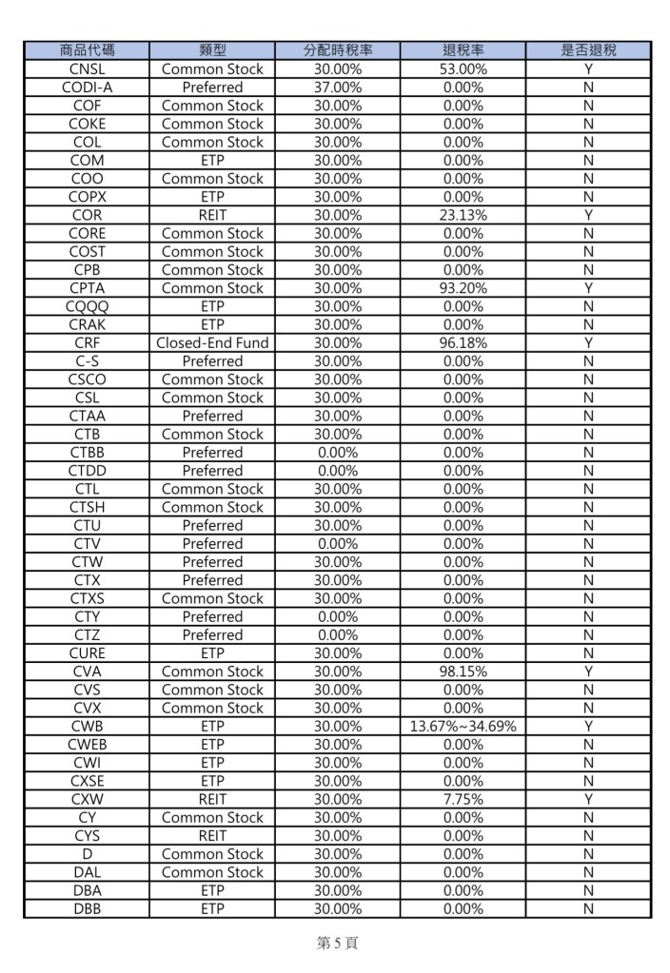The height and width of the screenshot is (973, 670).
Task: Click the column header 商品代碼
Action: [87, 50]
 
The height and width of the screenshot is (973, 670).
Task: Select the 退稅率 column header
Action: [463, 50]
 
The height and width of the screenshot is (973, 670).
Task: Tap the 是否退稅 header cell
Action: [588, 50]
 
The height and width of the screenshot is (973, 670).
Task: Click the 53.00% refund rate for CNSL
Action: [463, 68]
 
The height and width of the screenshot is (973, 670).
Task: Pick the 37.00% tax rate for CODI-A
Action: [337, 87]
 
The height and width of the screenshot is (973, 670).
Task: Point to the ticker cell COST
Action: [87, 251]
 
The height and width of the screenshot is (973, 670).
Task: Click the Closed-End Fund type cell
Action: [212, 342]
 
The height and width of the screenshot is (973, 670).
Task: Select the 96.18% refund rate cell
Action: [463, 342]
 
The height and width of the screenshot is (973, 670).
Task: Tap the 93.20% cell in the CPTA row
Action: [463, 287]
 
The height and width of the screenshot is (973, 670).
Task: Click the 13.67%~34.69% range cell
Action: [463, 726]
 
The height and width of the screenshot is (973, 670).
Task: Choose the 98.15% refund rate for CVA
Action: [463, 671]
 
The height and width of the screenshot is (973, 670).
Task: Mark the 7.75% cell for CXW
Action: [463, 799]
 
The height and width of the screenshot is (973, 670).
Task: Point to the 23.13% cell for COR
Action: [463, 215]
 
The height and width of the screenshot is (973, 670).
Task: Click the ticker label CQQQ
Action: [87, 306]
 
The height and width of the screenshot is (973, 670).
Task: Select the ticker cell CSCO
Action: [87, 379]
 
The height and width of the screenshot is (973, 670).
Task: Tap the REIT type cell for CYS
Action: [212, 835]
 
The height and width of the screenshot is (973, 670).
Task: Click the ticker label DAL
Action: [87, 872]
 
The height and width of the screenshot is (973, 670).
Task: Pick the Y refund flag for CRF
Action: [588, 342]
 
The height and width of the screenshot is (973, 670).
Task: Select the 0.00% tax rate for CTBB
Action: [337, 452]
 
